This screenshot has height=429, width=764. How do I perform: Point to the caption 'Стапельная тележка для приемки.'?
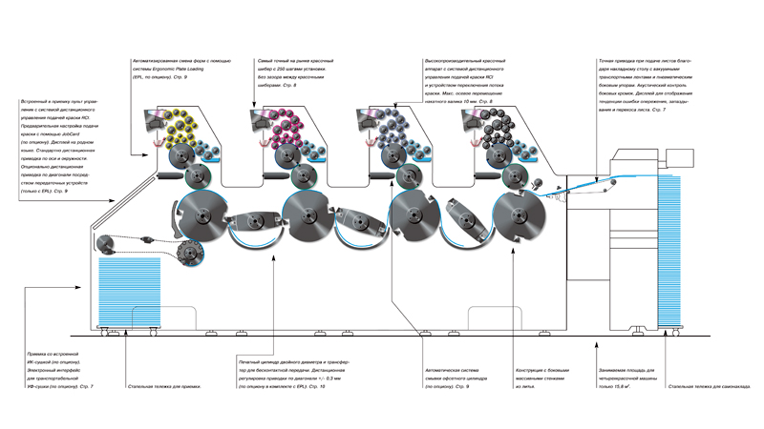click(x=164, y=386)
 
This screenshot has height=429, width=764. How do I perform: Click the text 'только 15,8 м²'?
click(x=626, y=378)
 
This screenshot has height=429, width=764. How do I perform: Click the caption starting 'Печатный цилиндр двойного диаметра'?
click(x=287, y=374)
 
